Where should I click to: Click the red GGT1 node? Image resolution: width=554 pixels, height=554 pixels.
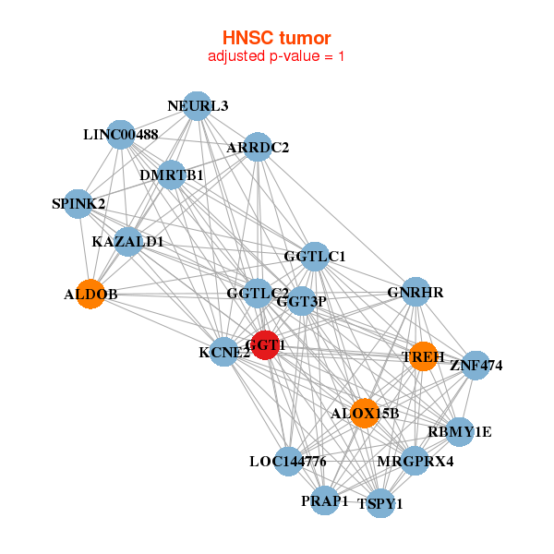(x=265, y=344)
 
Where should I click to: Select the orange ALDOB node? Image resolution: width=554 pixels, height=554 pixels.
(x=90, y=294)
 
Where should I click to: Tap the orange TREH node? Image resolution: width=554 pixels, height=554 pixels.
(x=423, y=356)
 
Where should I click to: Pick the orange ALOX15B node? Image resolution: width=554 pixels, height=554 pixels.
(x=365, y=413)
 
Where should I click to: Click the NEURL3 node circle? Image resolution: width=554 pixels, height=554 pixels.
(x=196, y=105)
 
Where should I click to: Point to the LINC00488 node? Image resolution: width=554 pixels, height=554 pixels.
(x=121, y=134)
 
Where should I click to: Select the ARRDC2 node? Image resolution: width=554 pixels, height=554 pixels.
(x=258, y=147)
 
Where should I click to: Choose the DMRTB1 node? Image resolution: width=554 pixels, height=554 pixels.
(x=172, y=175)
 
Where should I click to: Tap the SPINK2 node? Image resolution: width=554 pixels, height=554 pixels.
(x=79, y=203)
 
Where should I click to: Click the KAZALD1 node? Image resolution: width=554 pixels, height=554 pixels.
(x=127, y=242)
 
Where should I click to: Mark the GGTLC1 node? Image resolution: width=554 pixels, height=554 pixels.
(x=315, y=256)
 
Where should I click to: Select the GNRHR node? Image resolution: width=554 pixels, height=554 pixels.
(x=415, y=293)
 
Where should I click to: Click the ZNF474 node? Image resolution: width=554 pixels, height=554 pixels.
(x=476, y=365)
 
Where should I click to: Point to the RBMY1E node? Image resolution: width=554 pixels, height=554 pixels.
(x=459, y=431)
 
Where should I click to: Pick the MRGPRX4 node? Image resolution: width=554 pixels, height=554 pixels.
(x=415, y=461)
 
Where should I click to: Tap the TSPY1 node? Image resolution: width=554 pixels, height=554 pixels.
(x=380, y=503)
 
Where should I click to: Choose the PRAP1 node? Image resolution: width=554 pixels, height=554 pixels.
(x=324, y=500)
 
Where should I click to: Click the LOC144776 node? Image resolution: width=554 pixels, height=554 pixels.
(x=288, y=461)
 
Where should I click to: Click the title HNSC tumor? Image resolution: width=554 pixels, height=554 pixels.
(x=276, y=38)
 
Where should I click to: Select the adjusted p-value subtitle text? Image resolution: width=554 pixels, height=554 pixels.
(x=276, y=56)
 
